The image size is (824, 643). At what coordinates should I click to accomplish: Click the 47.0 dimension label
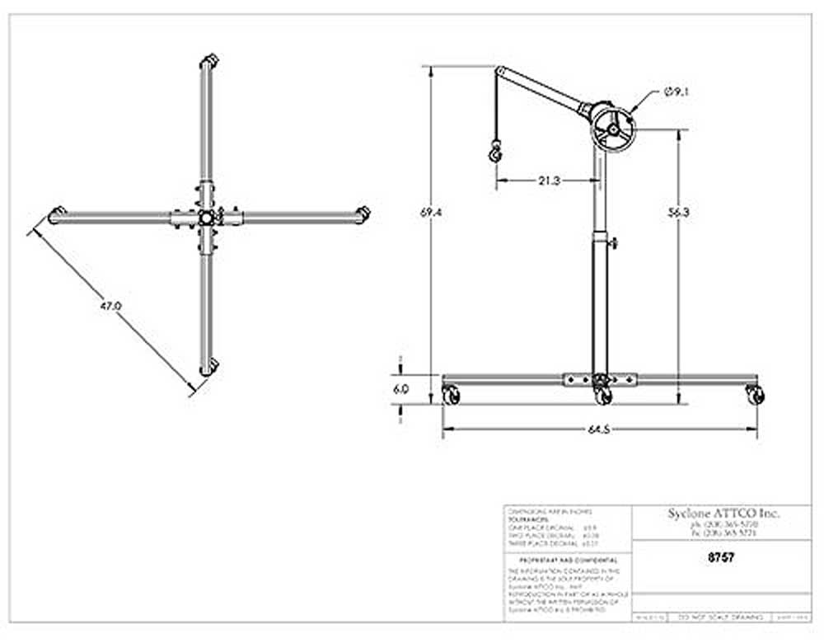click(x=110, y=306)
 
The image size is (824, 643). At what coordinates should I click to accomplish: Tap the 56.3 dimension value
click(x=679, y=212)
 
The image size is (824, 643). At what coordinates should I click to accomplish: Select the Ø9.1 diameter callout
click(x=677, y=92)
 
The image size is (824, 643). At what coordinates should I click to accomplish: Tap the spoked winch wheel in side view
click(x=613, y=128)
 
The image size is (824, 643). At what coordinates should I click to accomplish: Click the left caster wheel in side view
click(x=452, y=395)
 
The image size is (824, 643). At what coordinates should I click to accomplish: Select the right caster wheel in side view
click(x=755, y=395)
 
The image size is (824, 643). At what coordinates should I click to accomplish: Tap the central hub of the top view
click(x=204, y=218)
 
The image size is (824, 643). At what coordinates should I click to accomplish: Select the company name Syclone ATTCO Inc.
click(x=724, y=513)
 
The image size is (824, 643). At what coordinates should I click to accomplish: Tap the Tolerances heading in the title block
click(x=525, y=520)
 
